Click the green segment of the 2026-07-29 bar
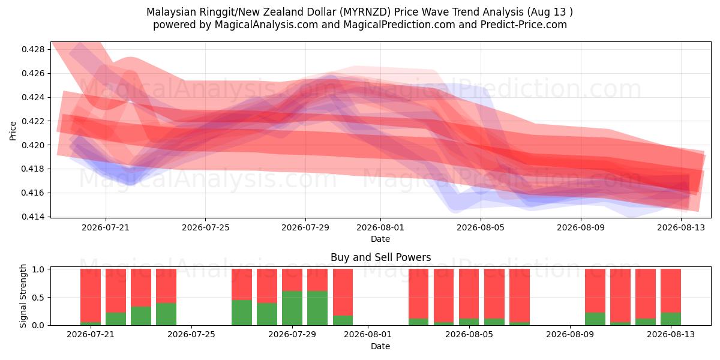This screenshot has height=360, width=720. (292, 308)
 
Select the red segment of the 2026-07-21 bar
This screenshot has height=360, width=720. (91, 295)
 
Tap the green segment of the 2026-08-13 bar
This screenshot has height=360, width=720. (671, 319)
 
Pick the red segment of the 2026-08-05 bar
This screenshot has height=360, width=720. (469, 294)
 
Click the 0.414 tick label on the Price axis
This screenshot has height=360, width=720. (34, 217)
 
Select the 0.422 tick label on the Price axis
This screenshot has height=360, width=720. (34, 121)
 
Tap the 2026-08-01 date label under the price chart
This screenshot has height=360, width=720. (380, 227)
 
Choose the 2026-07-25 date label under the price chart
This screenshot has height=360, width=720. (206, 227)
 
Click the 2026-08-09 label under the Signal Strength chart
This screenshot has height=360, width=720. (570, 335)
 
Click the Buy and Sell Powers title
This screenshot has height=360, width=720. (380, 257)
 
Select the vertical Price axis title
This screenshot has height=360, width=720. (13, 131)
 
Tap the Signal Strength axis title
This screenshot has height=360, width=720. (23, 296)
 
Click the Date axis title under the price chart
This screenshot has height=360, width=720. (380, 239)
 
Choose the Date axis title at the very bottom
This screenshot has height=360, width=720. (380, 347)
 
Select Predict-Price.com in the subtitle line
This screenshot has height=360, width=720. (524, 25)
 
